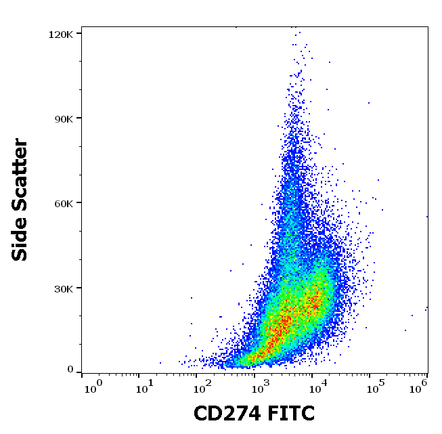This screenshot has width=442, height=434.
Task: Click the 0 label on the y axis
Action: coord(70,370)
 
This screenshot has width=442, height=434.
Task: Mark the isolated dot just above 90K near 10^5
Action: coord(369,103)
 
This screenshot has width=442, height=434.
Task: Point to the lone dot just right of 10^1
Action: coord(160,363)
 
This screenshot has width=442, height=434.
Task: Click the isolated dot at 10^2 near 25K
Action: coord(191,298)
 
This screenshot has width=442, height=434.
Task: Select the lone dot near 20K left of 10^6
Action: coord(412,315)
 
